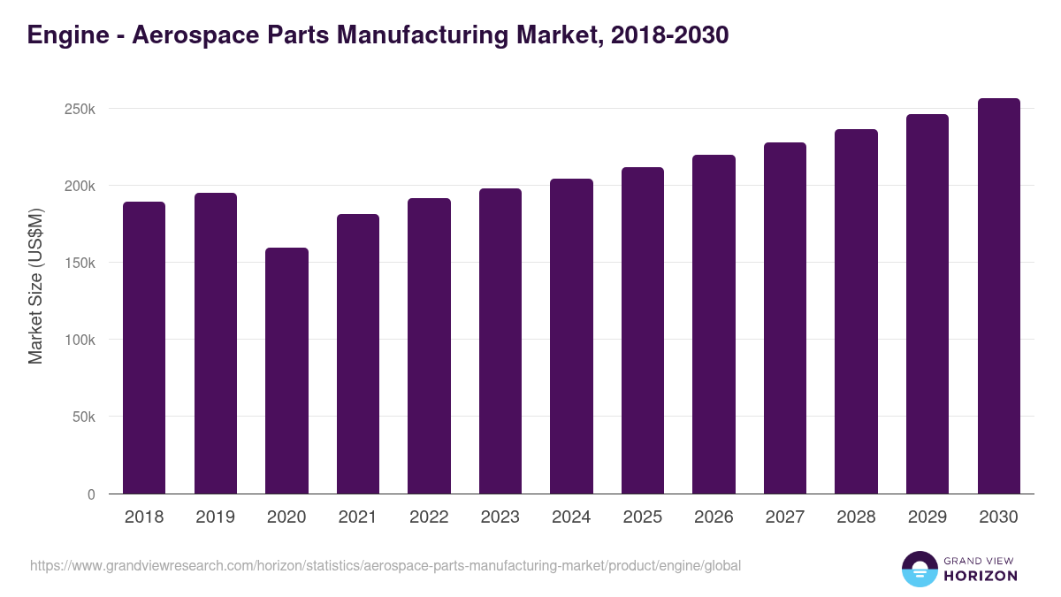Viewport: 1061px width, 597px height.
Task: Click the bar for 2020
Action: [x=286, y=371]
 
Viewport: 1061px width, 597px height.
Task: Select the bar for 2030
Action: [x=999, y=296]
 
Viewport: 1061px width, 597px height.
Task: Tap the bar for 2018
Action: [x=144, y=348]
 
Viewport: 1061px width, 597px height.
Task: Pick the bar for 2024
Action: [x=571, y=336]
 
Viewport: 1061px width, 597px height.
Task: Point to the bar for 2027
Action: [x=785, y=318]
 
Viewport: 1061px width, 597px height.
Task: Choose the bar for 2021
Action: [x=358, y=354]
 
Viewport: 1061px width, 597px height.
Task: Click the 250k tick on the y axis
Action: [x=79, y=109]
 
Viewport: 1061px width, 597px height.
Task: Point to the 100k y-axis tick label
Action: [x=79, y=340]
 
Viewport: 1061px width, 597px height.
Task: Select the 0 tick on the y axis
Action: [x=91, y=494]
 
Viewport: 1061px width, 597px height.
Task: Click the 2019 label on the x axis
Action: [x=216, y=517]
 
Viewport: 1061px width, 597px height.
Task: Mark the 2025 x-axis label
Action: [x=643, y=517]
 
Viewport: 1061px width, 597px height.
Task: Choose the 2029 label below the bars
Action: [x=927, y=517]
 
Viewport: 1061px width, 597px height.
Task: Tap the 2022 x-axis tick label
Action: [x=429, y=517]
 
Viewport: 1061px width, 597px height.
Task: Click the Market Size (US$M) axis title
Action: [x=35, y=287]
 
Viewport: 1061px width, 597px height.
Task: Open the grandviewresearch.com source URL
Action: [x=385, y=565]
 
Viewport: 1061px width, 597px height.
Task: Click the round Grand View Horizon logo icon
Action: [x=919, y=569]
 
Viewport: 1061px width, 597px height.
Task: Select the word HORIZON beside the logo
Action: [x=981, y=576]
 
